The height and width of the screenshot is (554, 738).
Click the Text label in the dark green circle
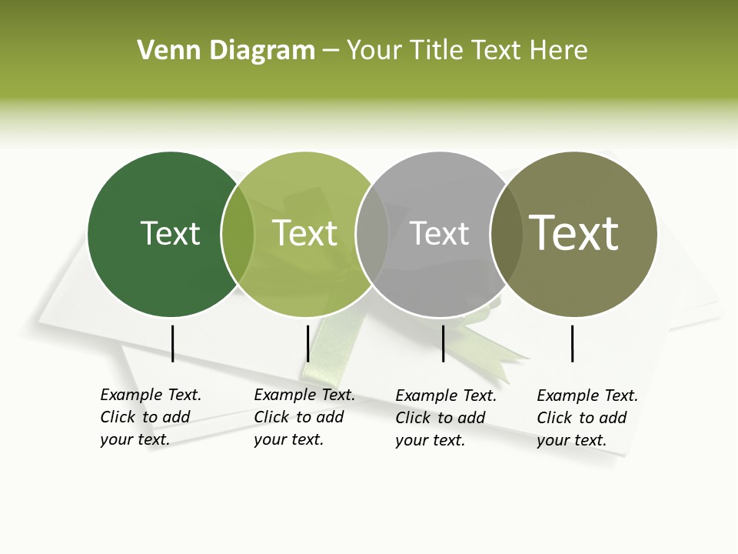170,233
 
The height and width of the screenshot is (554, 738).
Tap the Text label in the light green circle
305,233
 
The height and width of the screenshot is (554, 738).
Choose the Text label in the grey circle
439,233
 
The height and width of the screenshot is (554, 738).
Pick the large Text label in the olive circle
573,232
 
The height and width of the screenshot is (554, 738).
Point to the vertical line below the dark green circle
173,343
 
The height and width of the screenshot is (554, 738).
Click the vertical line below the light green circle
307,343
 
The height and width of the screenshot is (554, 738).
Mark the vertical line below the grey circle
443,343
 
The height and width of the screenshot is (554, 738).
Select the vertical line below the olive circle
573,343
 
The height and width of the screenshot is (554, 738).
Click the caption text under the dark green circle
150,417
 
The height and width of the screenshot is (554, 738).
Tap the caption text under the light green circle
304,417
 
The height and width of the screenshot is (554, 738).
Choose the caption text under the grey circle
445,418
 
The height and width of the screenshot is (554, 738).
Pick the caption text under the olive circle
587,418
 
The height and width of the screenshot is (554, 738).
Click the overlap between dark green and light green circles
238,234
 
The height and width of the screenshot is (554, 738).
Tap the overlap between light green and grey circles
372,234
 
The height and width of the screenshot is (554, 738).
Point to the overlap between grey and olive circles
507,234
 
